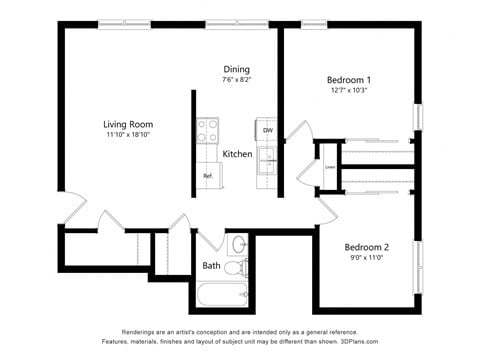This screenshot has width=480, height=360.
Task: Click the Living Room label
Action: coord(127,124)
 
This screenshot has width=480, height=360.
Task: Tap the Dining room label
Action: coord(236,68)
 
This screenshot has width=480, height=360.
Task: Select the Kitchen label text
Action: coord(237,154)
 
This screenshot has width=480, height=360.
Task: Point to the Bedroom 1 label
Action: coord(349,79)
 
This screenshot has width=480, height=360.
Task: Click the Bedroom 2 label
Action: coord(366,247)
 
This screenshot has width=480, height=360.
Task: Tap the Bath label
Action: coord(212,266)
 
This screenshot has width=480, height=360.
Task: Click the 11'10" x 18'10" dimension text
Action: coord(127,135)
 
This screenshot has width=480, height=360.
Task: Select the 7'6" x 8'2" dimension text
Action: coord(236,79)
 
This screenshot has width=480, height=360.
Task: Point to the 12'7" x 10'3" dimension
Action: coord(348,90)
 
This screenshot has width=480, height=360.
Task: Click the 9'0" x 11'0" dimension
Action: coord(366,258)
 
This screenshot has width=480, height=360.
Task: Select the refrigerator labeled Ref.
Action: coord(208,175)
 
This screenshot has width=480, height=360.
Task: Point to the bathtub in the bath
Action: coord(222,295)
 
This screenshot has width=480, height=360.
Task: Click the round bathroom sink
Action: coord(239,244)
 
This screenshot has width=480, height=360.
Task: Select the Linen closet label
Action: coord(328,166)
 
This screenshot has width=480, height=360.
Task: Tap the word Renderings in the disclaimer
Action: coord(142,331)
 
